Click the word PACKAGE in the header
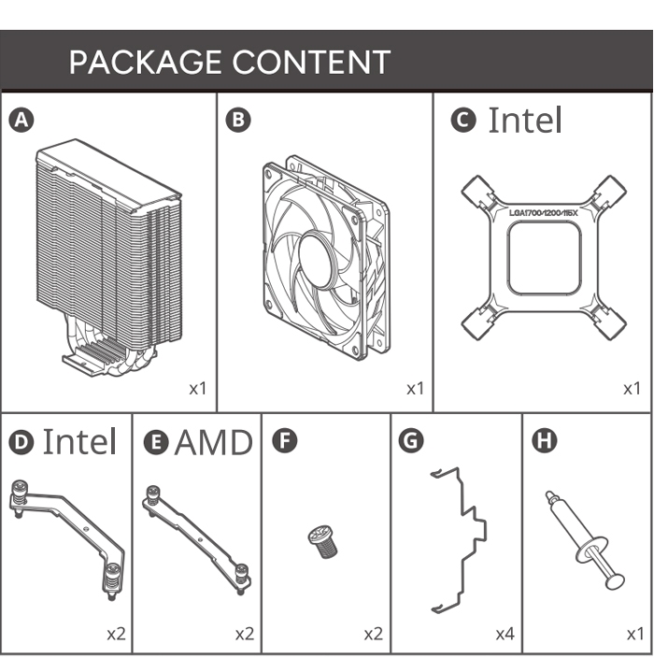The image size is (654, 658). tap(145, 63)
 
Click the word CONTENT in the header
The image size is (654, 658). tap(311, 63)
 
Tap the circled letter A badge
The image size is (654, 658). tap(21, 120)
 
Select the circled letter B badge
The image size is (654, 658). tap(238, 120)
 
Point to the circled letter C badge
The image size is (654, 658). tap(462, 120)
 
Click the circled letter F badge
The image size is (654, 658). tap(284, 441)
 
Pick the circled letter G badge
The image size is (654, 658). tap(410, 441)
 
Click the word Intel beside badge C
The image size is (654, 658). tap(525, 120)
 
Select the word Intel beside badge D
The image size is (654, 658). tap(79, 441)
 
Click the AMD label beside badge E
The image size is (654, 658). tap(213, 441)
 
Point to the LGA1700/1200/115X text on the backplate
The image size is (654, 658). tap(544, 213)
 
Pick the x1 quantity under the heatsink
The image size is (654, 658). tap(197, 387)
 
